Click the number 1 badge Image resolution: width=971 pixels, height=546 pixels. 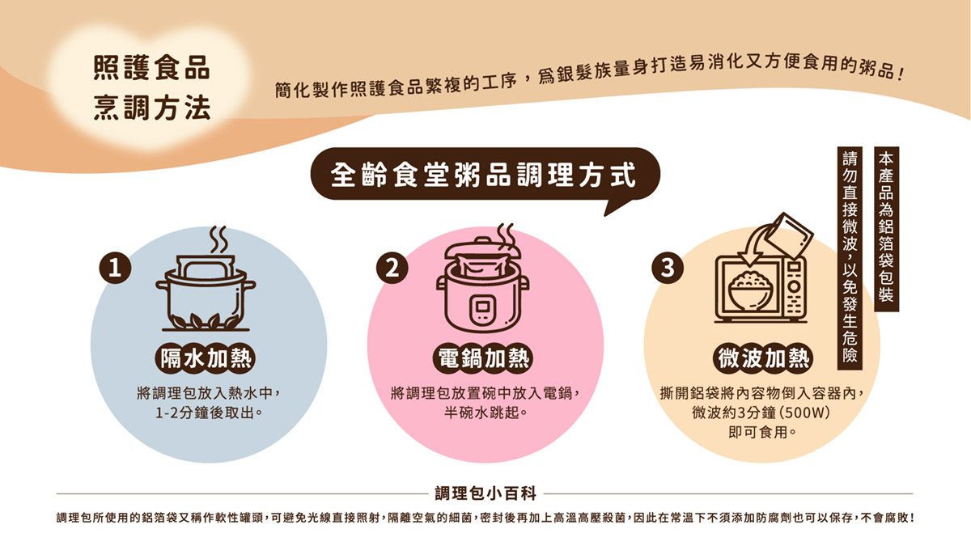[x=115, y=269]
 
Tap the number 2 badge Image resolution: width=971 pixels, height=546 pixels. [x=392, y=268]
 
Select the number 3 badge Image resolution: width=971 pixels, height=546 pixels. [x=668, y=268]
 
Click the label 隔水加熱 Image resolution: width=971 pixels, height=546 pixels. [x=206, y=359]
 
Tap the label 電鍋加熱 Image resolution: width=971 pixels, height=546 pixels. [x=483, y=359]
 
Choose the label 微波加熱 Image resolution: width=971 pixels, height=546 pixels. [x=763, y=359]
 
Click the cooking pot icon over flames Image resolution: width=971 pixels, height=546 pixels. [x=206, y=293]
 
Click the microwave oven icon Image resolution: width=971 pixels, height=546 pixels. [x=761, y=289]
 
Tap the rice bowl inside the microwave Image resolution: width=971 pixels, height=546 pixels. [x=751, y=290]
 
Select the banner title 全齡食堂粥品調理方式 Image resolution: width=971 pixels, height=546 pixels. [x=483, y=175]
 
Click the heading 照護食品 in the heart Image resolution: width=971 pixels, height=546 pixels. [x=152, y=68]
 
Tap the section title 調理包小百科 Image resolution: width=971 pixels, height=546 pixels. [x=485, y=493]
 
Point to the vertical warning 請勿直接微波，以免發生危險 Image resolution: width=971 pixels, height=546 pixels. [x=850, y=258]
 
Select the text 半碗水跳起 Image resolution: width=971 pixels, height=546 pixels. [x=481, y=412]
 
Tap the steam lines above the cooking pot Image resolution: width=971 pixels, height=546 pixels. [x=218, y=239]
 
